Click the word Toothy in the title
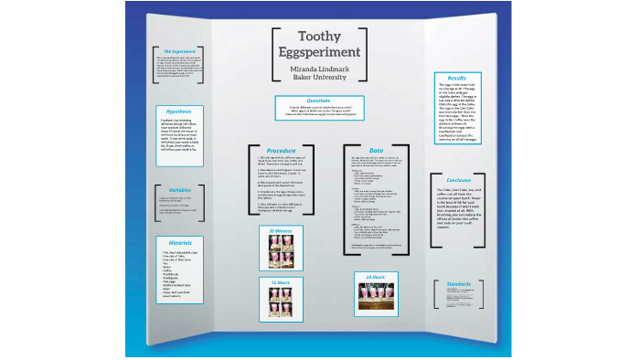point(319,37)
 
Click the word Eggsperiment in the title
point(319,53)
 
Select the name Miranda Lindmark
point(319,69)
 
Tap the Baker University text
point(319,79)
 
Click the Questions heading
point(319,101)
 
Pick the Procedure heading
point(281,149)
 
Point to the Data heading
point(376,149)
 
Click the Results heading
point(456,79)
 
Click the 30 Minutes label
point(280,233)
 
